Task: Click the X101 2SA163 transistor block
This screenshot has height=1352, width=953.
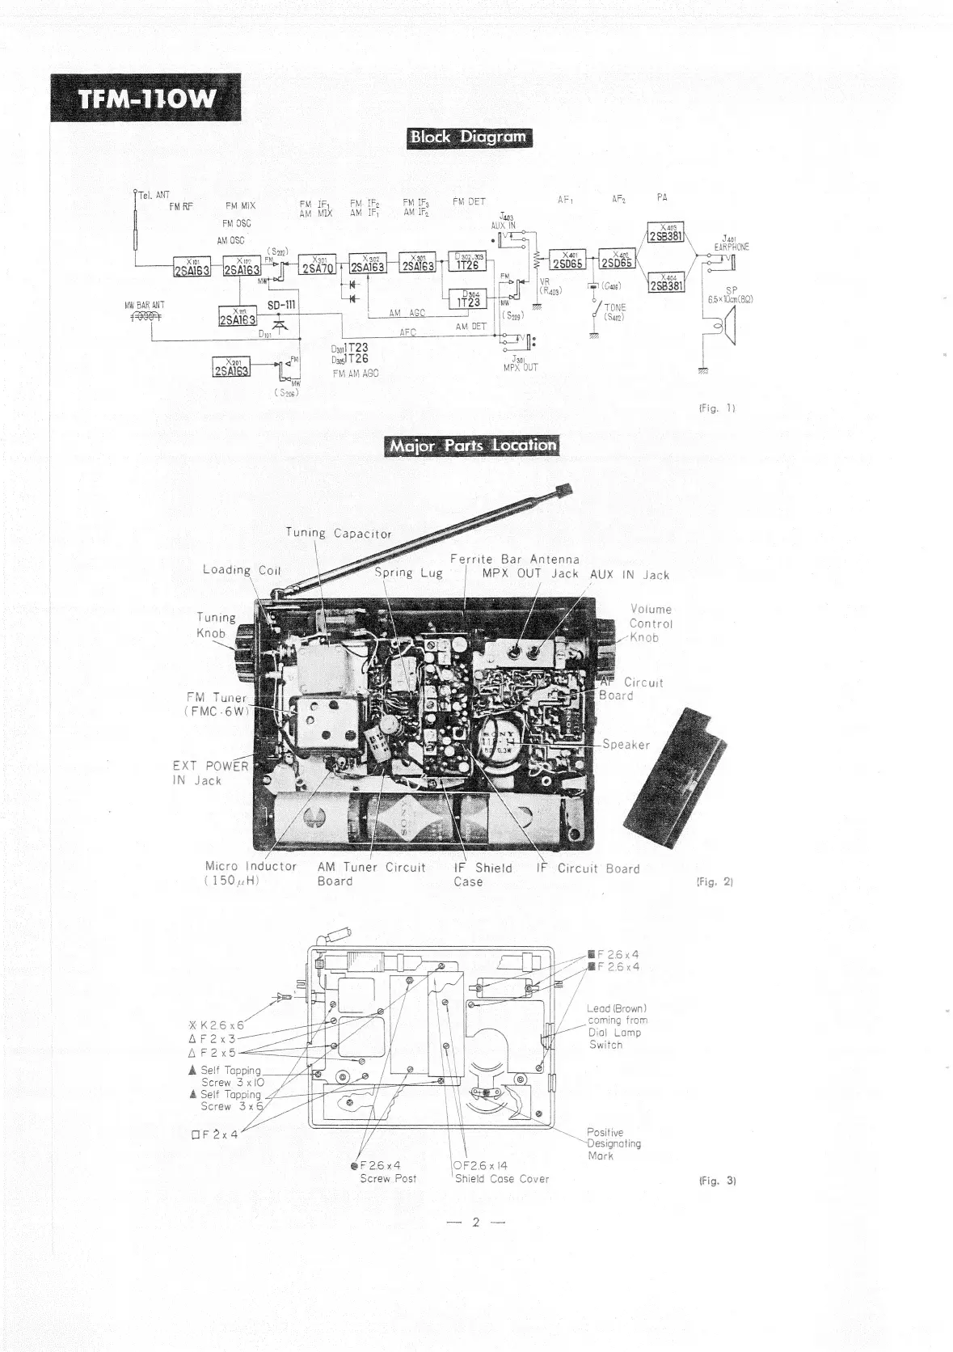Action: [192, 268]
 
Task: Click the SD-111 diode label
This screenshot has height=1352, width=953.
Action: [281, 305]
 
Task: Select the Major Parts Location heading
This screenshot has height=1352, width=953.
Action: [473, 446]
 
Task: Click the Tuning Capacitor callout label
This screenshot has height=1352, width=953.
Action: [339, 534]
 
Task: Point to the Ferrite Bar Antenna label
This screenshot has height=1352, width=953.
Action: [515, 560]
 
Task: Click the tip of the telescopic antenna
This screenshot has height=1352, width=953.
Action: [564, 489]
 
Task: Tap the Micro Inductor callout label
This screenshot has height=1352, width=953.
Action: [251, 873]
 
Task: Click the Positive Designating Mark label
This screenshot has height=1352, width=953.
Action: [614, 1143]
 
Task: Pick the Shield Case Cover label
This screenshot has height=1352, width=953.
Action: [501, 1178]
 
